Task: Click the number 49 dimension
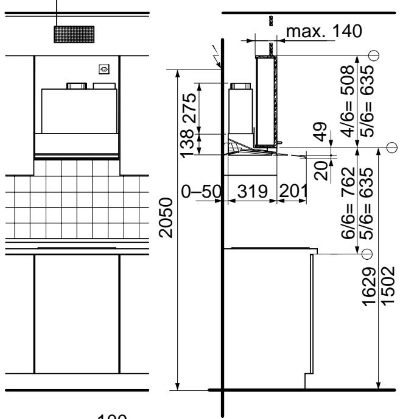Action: click(x=323, y=131)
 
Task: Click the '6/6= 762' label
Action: click(x=349, y=201)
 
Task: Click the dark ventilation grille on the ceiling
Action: click(x=74, y=34)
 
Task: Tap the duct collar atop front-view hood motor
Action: click(x=76, y=86)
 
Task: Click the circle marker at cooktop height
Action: click(x=367, y=253)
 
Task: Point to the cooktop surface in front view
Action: click(x=76, y=248)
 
